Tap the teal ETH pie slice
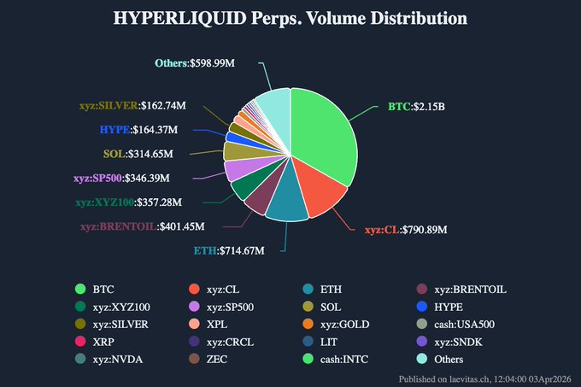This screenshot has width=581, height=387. point(286,205)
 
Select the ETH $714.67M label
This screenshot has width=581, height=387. point(228,250)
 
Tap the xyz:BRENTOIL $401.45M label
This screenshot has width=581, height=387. point(150,227)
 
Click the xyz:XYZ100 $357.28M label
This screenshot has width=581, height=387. point(140,202)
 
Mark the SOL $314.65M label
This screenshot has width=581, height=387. point(138,154)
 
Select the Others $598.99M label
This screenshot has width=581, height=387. point(195,62)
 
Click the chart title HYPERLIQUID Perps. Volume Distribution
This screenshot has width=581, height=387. point(290,18)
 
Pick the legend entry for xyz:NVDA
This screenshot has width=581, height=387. point(111,359)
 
